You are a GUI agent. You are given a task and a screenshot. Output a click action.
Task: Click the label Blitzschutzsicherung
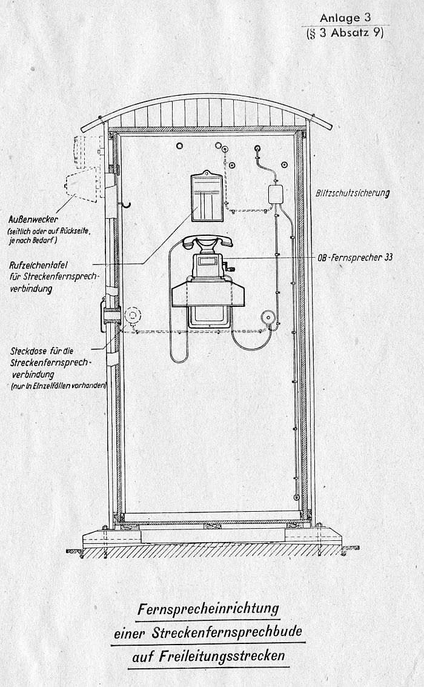pyautogui.click(x=353, y=193)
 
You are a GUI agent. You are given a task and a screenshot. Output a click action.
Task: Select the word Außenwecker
pyautogui.click(x=33, y=219)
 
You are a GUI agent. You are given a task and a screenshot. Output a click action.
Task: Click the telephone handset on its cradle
pyautogui.click(x=205, y=243)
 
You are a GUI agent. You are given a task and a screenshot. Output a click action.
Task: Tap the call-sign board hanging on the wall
pyautogui.click(x=207, y=197)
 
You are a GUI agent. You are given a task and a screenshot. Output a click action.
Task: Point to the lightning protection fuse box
pyautogui.click(x=276, y=194)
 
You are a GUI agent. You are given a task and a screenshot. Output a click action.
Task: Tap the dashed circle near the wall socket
pyautogui.click(x=132, y=315)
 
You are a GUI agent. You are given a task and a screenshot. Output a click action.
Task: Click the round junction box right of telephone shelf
pyautogui.click(x=267, y=317)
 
